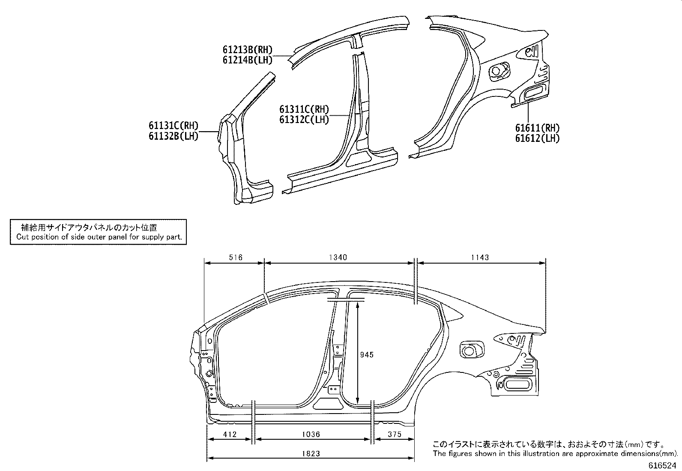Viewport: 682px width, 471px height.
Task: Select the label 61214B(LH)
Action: point(247,60)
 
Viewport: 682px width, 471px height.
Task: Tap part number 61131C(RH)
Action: point(173,126)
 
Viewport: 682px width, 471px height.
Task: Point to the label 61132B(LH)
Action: point(173,137)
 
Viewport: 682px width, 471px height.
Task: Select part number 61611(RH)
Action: point(537,128)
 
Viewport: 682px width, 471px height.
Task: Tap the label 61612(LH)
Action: point(537,138)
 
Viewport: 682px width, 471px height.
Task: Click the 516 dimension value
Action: point(236,258)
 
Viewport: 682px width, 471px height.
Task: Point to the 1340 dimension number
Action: point(338,258)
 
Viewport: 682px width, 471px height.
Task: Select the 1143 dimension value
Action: point(480,258)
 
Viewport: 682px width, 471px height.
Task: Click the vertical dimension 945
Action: point(367,354)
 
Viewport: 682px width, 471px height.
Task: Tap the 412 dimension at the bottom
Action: point(230,434)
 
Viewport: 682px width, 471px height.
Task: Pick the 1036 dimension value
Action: point(311,434)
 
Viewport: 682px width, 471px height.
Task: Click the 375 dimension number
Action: point(394,434)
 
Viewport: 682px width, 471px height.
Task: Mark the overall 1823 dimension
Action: point(311,453)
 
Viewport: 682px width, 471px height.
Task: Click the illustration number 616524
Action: point(663,465)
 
